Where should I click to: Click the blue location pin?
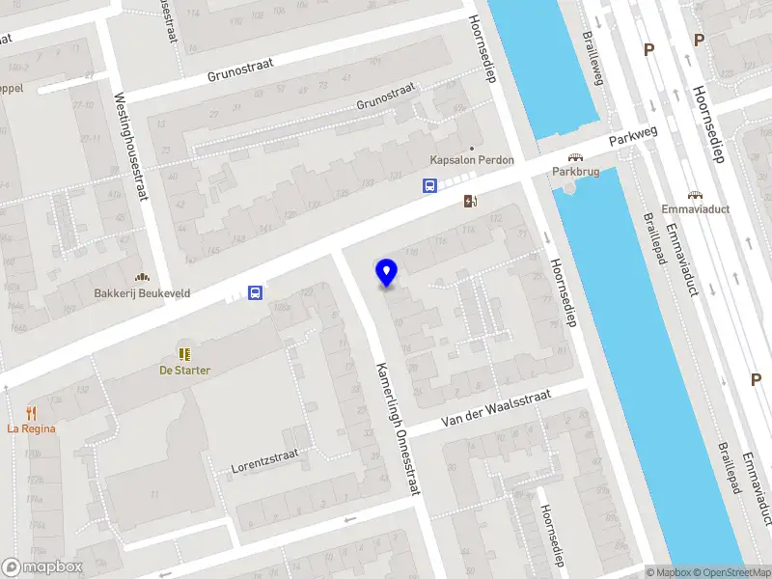click(386, 272)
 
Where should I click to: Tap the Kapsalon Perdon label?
click(472, 159)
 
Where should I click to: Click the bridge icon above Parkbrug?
click(575, 156)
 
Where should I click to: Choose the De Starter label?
click(185, 370)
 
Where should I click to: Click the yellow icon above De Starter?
click(185, 354)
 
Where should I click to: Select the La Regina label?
click(31, 428)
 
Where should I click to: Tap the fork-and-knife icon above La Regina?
click(31, 413)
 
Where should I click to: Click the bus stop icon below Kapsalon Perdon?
click(429, 186)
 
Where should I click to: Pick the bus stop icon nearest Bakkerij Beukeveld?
click(255, 292)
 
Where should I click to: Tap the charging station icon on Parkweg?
click(471, 201)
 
